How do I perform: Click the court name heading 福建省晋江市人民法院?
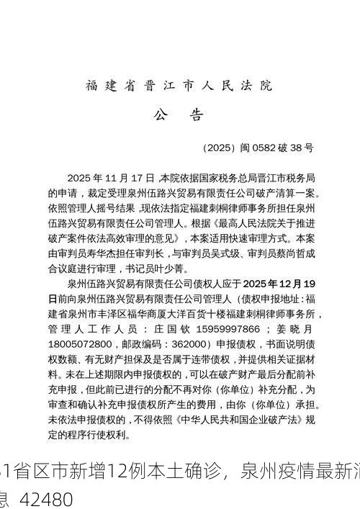click(179, 86)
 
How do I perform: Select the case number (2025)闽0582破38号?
click(258, 148)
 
